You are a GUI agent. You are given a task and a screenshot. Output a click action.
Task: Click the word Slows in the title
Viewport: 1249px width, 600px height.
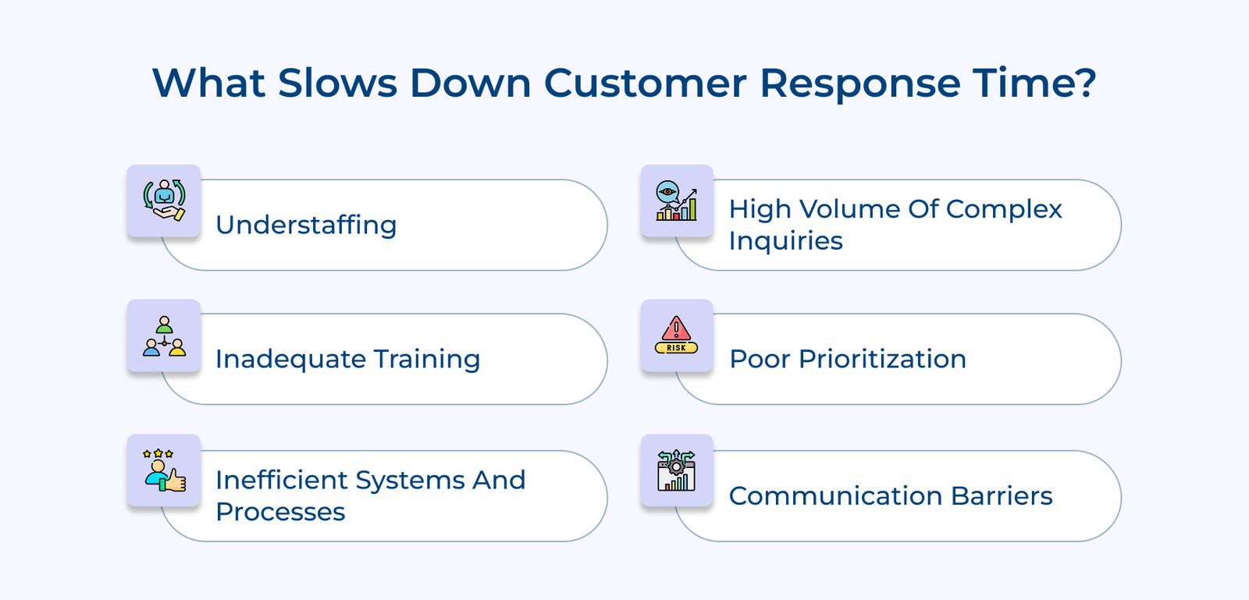coord(337,83)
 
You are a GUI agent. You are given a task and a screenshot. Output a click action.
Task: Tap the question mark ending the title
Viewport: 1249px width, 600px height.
coord(1084,83)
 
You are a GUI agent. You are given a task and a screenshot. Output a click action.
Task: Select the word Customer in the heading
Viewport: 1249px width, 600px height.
coord(645,83)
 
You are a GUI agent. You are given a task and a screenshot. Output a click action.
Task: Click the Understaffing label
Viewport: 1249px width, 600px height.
coord(306,225)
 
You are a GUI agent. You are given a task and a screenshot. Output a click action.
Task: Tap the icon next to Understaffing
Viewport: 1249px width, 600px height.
coord(164,201)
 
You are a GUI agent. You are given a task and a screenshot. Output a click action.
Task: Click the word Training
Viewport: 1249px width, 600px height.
coord(426,359)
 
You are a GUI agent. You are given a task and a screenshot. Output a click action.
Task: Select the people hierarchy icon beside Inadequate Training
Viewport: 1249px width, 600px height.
coord(164,336)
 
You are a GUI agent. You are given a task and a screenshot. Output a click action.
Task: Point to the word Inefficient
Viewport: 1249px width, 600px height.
coord(282,480)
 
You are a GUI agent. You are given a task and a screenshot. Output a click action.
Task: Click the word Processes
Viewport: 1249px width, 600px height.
coord(280,512)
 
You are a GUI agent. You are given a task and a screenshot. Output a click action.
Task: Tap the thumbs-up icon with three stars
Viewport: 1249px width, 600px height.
coord(164,470)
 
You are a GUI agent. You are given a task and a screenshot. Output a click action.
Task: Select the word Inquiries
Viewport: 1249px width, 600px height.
coord(785,241)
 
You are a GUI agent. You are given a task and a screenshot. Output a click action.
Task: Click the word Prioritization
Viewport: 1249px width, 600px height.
coord(882,359)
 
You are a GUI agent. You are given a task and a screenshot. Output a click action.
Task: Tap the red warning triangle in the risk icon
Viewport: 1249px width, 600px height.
coord(676,328)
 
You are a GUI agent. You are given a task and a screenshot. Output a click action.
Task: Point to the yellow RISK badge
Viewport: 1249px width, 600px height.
coord(676,348)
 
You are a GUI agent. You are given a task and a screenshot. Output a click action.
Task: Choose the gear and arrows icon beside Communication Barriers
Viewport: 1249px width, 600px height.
coord(676,470)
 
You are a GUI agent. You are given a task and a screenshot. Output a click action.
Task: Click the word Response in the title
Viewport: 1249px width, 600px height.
coord(859,83)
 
